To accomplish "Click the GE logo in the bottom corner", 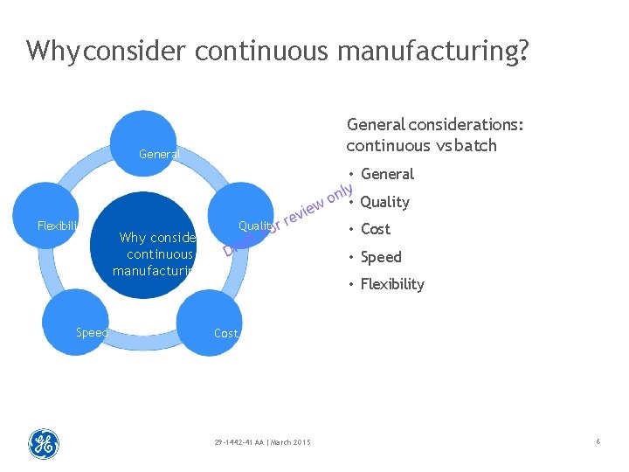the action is [44, 444].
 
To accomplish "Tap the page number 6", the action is [598, 442].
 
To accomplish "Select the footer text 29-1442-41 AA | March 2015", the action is [261, 441].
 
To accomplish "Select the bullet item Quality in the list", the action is [384, 202].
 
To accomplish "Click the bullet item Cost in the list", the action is [376, 229].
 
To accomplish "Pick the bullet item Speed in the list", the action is [381, 257].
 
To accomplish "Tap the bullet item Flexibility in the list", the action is [392, 284].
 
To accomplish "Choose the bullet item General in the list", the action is [387, 174].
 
